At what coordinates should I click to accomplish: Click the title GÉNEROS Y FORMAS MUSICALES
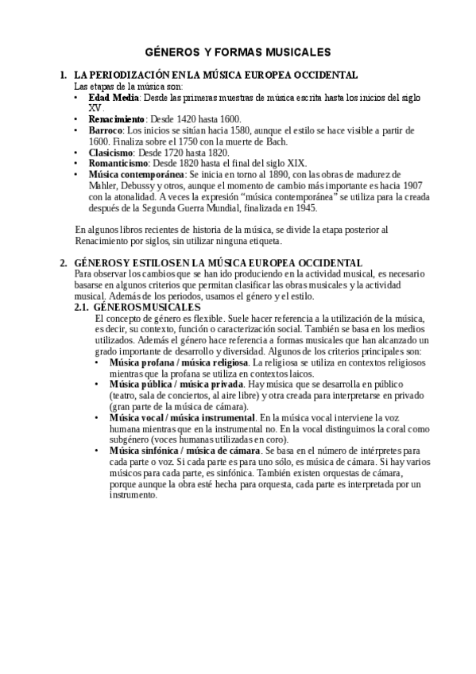click(238, 52)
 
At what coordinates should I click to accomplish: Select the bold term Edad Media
click(114, 96)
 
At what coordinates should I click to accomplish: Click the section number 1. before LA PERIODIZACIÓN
click(64, 75)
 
